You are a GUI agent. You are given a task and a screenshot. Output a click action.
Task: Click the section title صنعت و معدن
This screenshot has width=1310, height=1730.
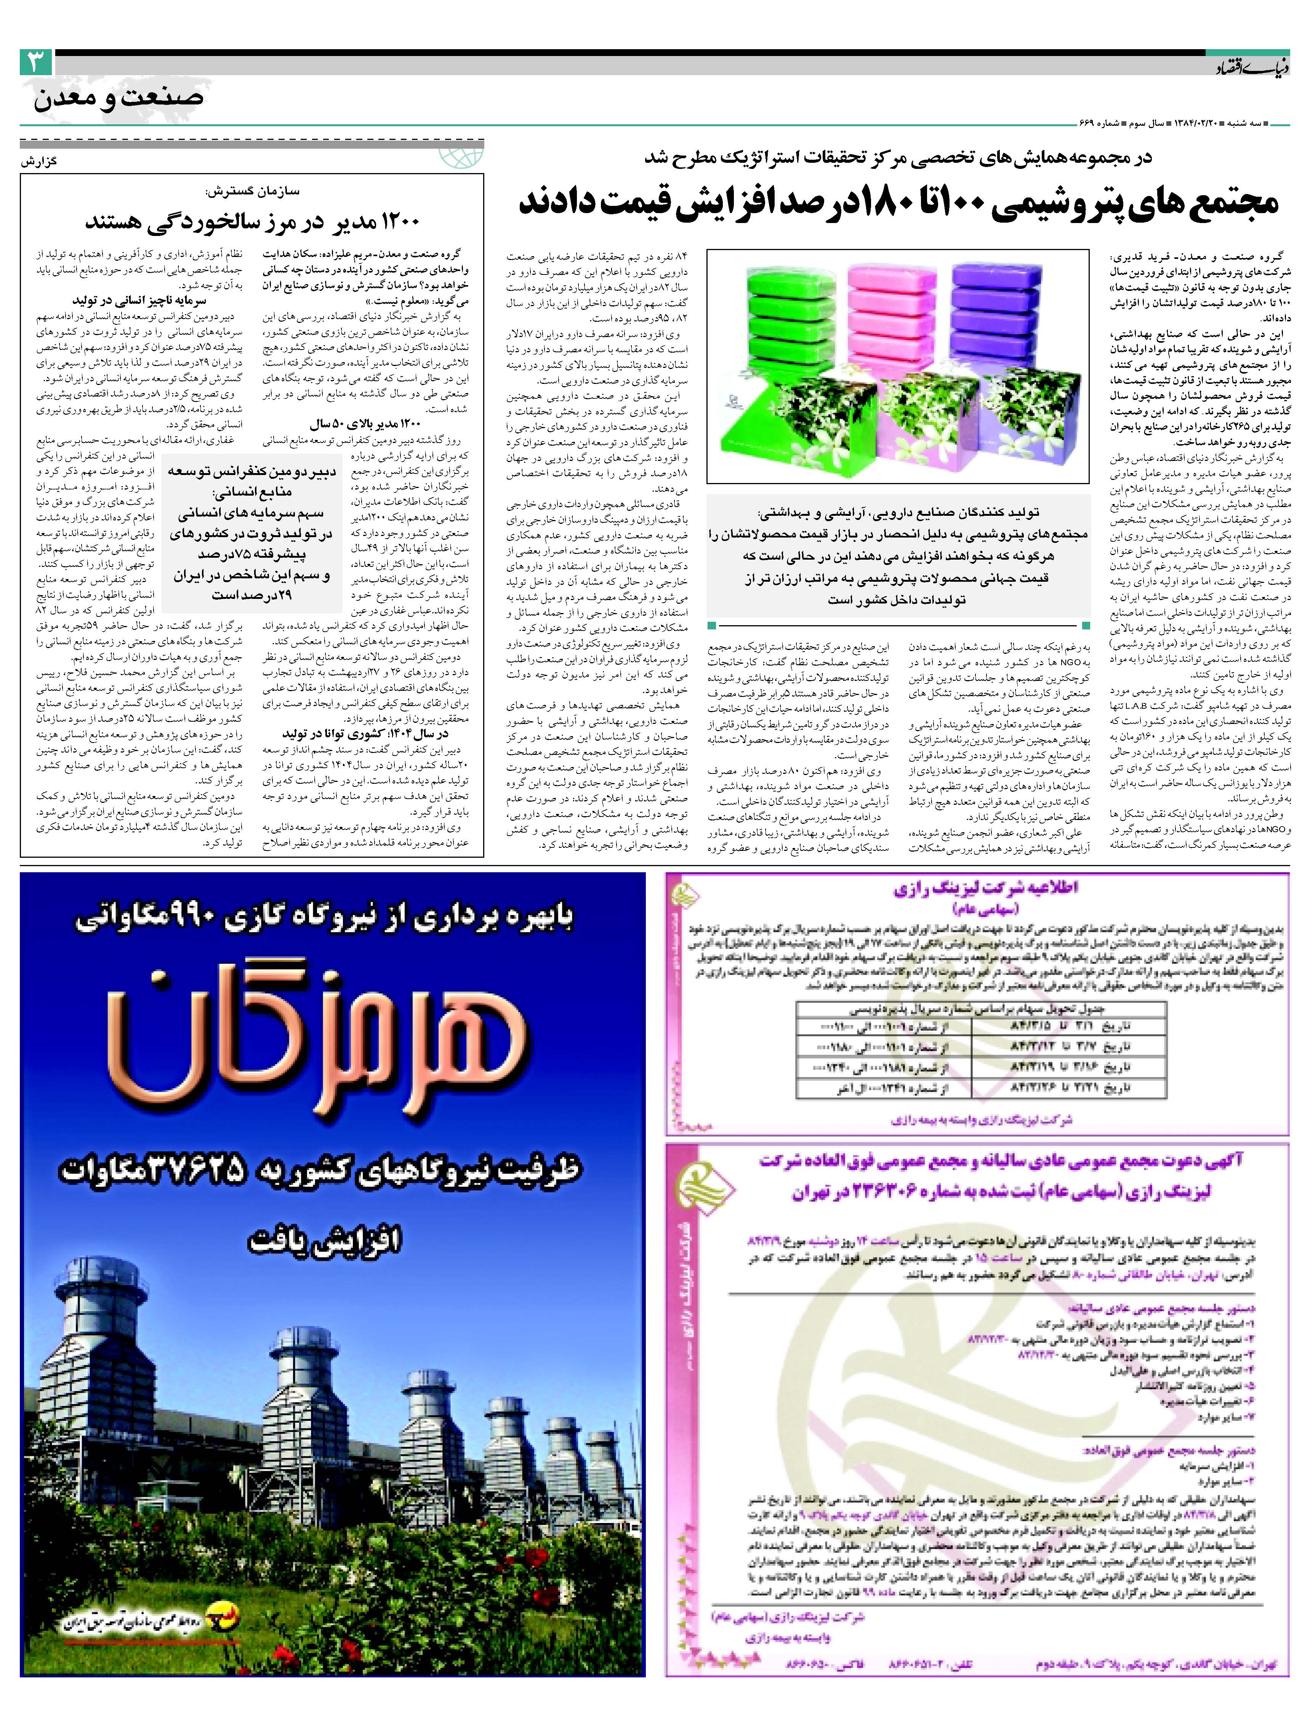119,98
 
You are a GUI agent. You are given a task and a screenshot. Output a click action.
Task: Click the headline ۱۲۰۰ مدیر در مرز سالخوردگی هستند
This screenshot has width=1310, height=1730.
253,221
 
